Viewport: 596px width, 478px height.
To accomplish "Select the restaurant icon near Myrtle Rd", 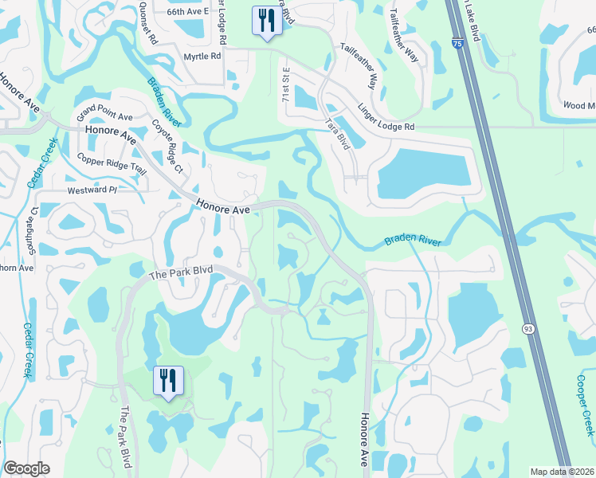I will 266,21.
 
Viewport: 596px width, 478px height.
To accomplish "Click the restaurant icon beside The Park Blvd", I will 167,381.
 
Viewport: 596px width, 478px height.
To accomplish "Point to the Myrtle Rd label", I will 202,57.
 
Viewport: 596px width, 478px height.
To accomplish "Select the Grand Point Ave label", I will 104,112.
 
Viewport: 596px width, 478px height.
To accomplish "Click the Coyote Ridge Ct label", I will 167,147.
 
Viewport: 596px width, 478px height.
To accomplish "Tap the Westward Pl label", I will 92,190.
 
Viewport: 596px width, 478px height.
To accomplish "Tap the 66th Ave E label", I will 188,12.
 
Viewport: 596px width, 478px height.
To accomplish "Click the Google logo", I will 27,468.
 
